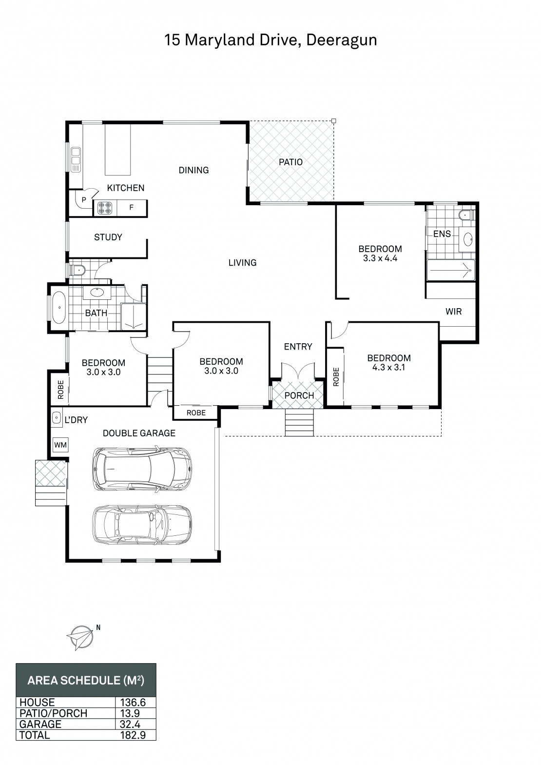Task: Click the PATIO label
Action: point(290,162)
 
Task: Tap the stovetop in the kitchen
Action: point(105,208)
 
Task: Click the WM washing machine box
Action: point(60,445)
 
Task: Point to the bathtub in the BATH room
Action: point(60,307)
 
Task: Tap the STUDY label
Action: point(108,237)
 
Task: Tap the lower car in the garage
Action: point(142,525)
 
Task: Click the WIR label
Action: point(454,312)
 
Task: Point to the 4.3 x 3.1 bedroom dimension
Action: point(389,367)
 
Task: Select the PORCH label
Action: point(299,395)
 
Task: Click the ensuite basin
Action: point(467,239)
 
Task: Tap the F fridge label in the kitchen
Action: point(132,207)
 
